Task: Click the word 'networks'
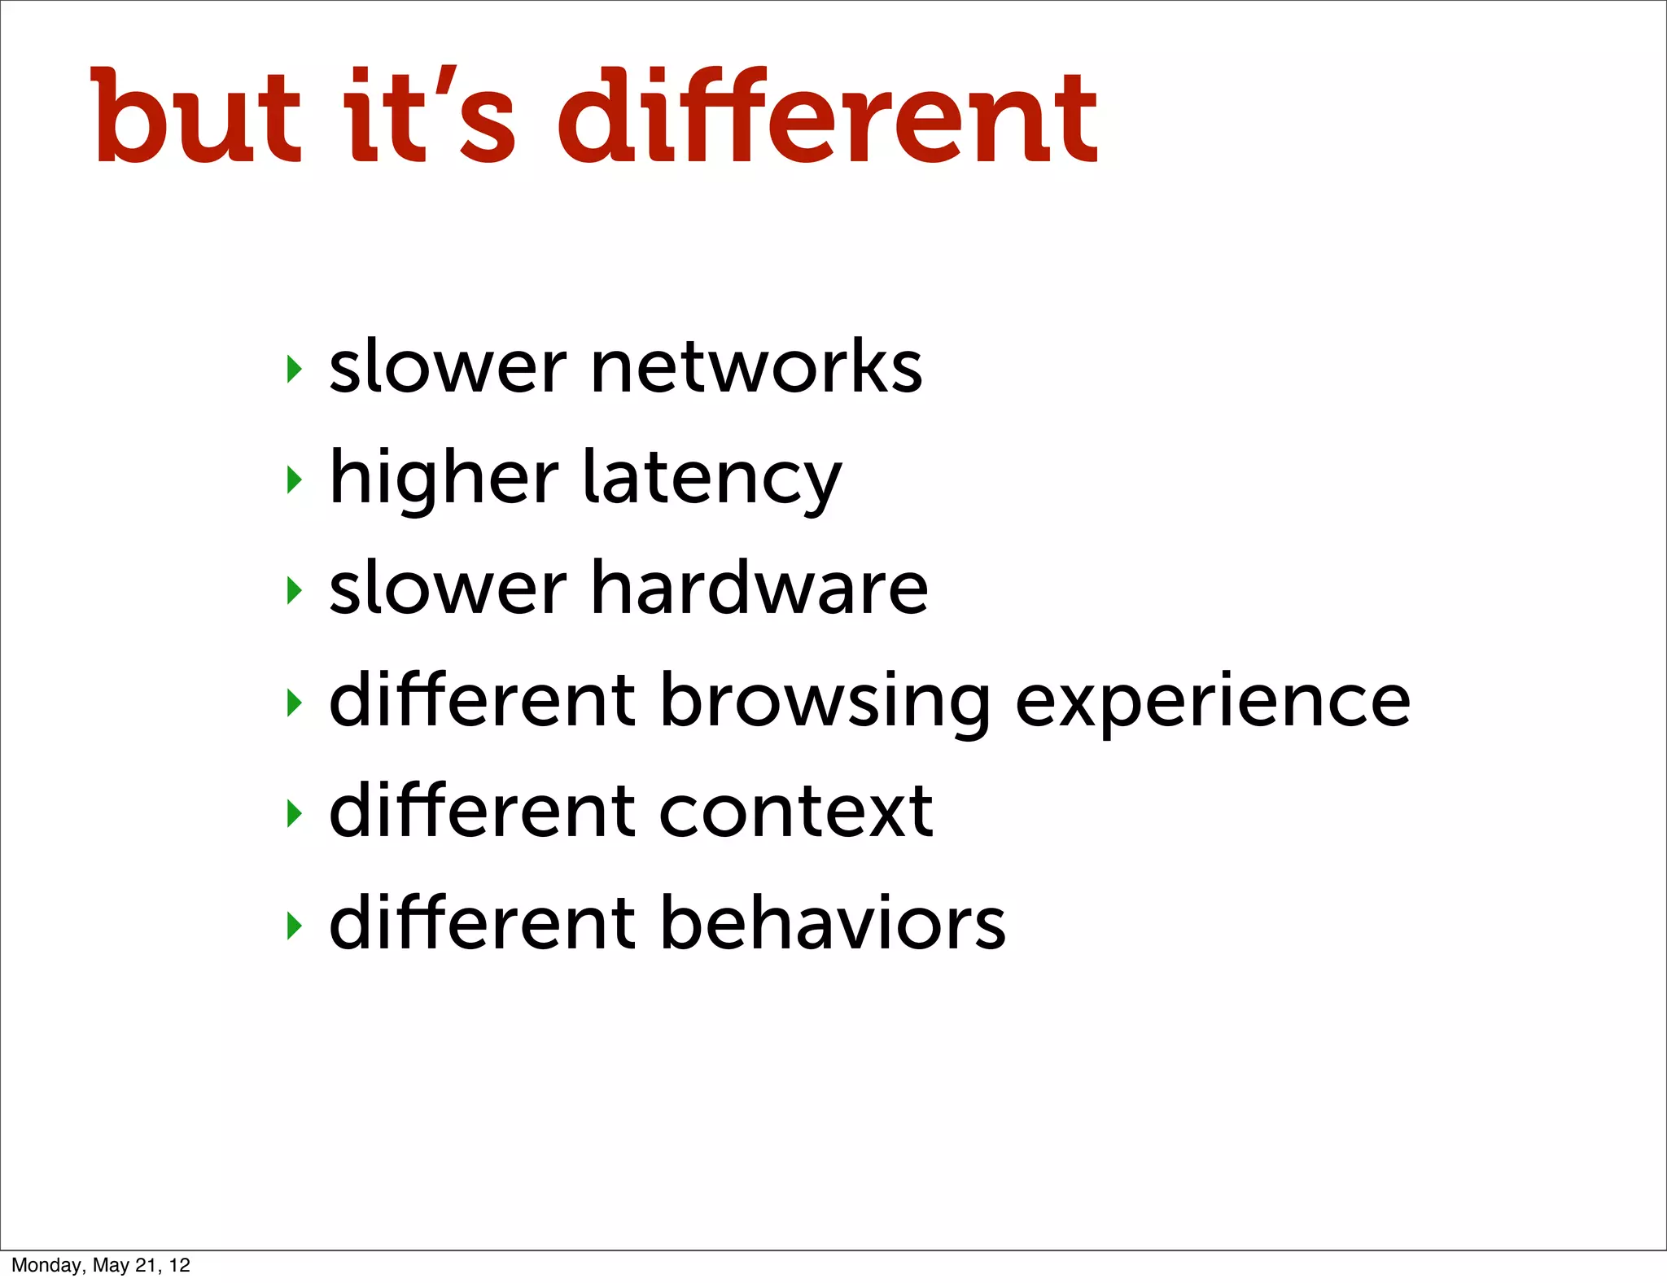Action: (x=756, y=368)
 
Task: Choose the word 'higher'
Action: (x=444, y=480)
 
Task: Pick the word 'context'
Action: (x=795, y=812)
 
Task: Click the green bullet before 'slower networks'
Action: (x=295, y=370)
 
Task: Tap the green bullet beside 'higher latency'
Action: (x=295, y=480)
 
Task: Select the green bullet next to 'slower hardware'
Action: (x=295, y=591)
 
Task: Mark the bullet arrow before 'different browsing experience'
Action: (x=295, y=703)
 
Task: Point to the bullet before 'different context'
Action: (x=295, y=813)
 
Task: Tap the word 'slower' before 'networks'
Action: (x=447, y=368)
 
